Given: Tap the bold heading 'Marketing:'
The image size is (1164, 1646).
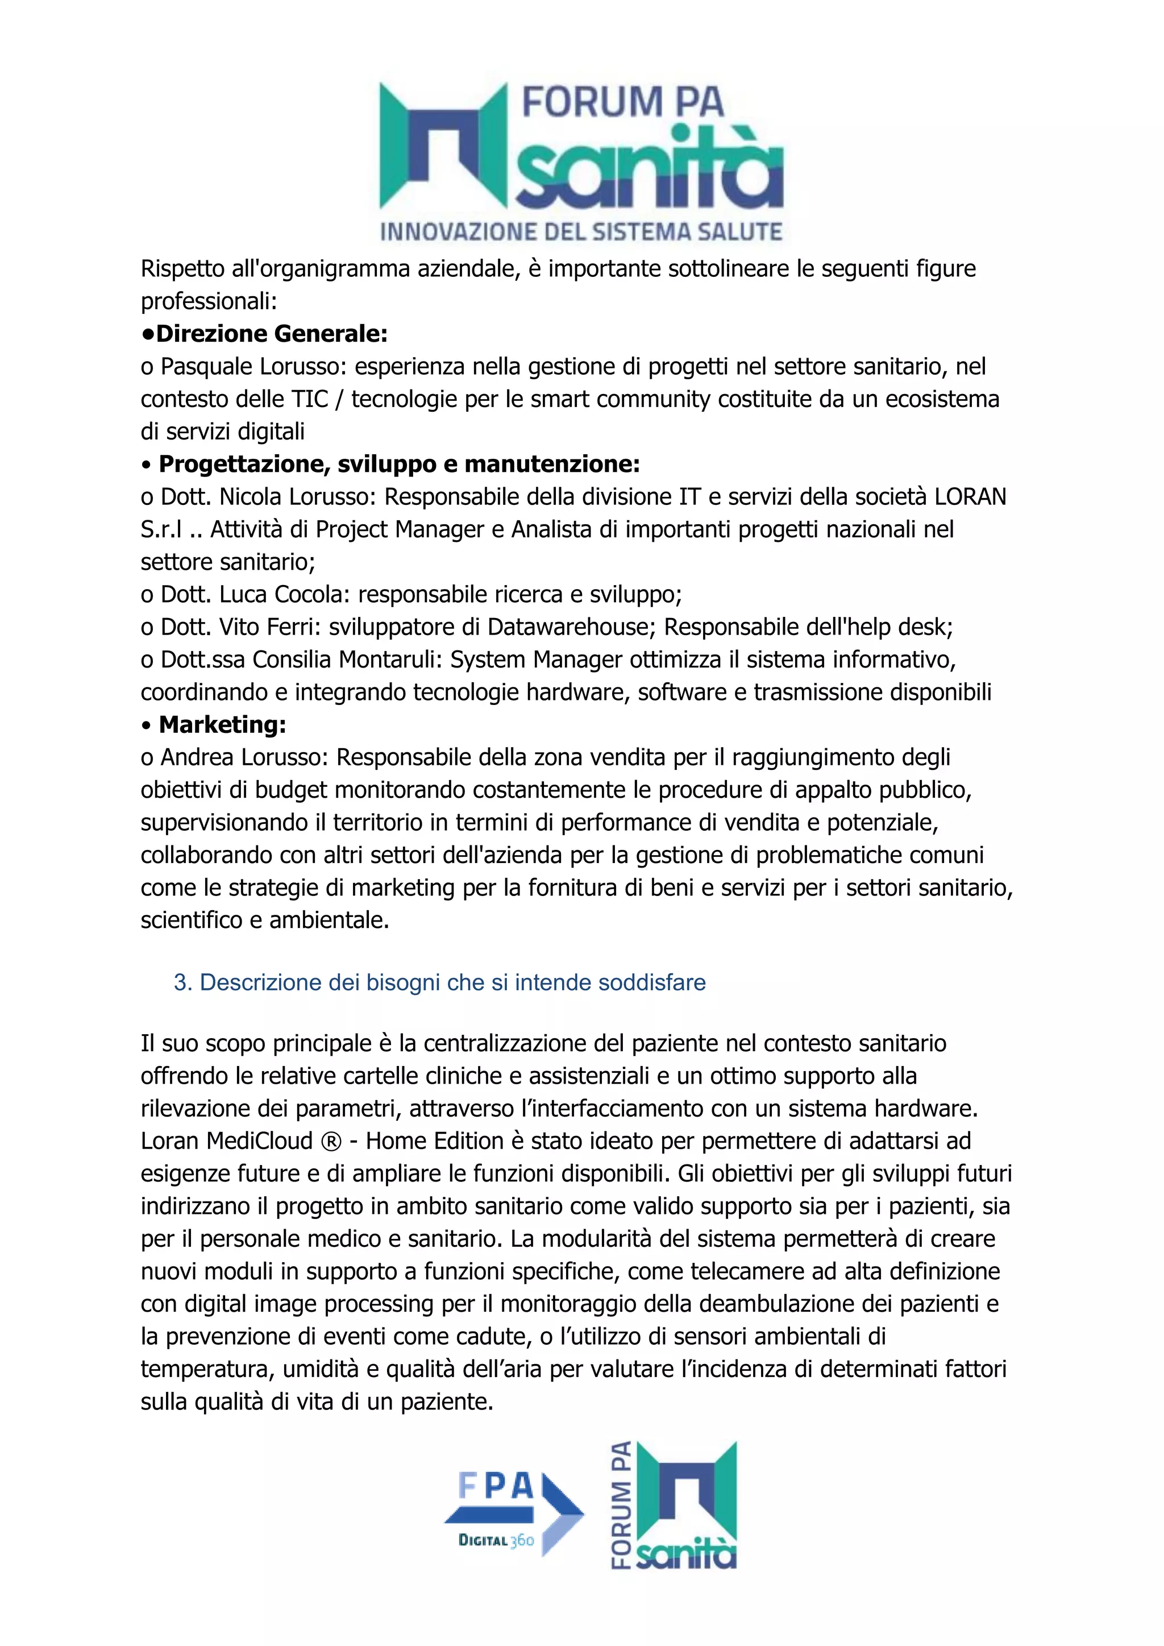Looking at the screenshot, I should pyautogui.click(x=222, y=725).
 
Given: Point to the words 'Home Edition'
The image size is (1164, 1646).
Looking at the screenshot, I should pyautogui.click(x=434, y=1141).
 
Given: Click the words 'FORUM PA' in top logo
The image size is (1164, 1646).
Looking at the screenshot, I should pyautogui.click(x=623, y=102).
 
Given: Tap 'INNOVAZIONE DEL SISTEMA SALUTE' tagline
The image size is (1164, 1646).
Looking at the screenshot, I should pyautogui.click(x=580, y=231).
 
